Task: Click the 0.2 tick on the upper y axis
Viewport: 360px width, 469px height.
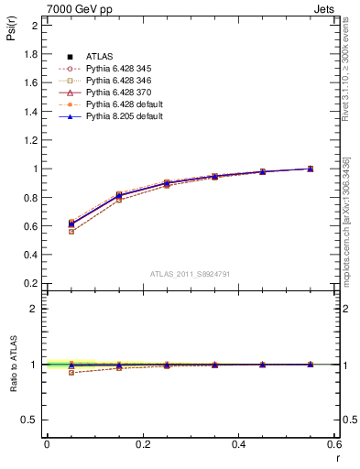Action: pyautogui.click(x=31, y=283)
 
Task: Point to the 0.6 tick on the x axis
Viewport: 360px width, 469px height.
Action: pyautogui.click(x=333, y=444)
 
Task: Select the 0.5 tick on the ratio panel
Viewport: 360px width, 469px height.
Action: pyautogui.click(x=31, y=420)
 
